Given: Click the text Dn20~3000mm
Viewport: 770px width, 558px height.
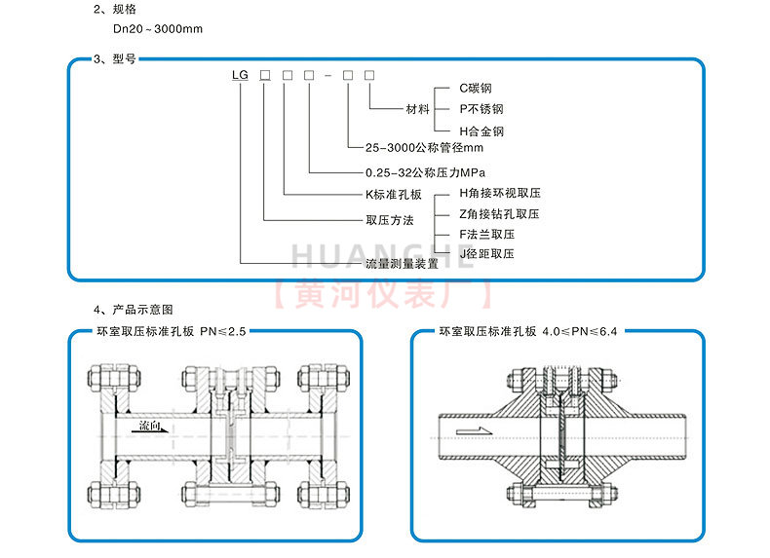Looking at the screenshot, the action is [x=158, y=29].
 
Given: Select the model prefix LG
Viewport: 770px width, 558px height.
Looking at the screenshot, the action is [x=240, y=75].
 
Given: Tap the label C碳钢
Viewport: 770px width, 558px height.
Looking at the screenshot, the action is [x=476, y=89].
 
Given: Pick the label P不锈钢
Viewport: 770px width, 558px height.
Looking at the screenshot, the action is [x=481, y=109].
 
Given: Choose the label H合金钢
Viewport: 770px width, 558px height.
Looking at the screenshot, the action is [x=481, y=131].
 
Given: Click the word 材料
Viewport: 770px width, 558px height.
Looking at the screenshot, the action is [x=418, y=109].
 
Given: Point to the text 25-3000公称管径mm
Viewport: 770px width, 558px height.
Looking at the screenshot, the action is [x=424, y=148].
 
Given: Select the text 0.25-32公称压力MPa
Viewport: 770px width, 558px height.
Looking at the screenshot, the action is [x=425, y=172].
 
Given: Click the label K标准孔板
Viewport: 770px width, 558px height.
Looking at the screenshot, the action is [x=394, y=195].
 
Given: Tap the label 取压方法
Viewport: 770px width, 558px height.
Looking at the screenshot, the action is [x=390, y=220].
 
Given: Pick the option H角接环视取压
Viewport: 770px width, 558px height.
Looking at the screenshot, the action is [x=500, y=194].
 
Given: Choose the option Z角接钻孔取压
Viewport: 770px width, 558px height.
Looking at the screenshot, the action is [x=499, y=214].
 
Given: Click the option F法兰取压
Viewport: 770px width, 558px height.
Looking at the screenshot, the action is [x=487, y=235].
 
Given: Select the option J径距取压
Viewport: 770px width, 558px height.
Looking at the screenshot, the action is [x=486, y=254].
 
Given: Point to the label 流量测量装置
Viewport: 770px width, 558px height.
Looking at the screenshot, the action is [x=402, y=264].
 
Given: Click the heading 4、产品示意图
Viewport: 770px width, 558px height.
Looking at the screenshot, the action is [x=134, y=310].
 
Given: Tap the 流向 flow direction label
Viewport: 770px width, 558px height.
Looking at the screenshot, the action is [x=150, y=426].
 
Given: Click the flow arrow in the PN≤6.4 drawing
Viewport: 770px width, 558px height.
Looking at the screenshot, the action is [x=474, y=431].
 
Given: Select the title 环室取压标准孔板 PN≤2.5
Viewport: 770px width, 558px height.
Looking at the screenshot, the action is [x=172, y=332].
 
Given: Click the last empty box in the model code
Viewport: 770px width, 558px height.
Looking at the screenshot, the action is [x=369, y=75].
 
